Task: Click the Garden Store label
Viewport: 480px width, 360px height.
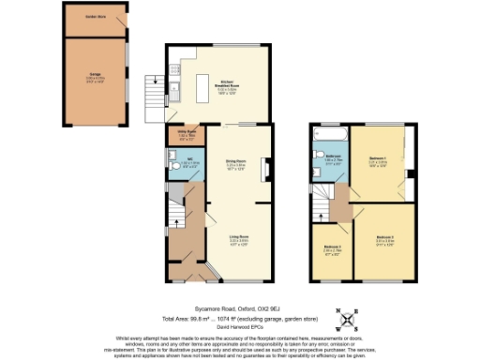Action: (x=94, y=17)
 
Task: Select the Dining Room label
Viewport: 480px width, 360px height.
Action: (x=235, y=166)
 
